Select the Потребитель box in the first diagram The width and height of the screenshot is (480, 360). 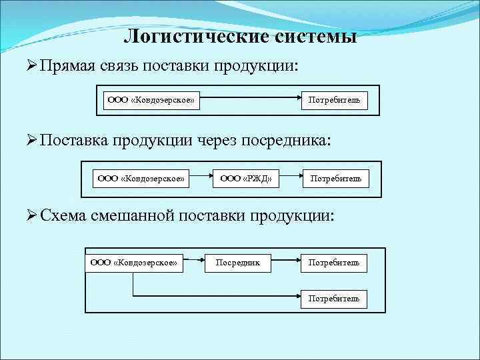tap(334, 101)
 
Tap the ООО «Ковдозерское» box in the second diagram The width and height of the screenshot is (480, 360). tap(141, 179)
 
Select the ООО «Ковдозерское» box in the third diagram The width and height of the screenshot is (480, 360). tap(134, 263)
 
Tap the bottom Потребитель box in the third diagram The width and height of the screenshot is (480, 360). tap(333, 299)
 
